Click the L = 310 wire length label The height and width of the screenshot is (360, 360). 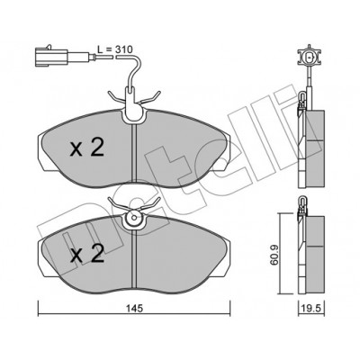pos(115,49)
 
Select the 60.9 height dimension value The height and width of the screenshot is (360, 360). pos(274,255)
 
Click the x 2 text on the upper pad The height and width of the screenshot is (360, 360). pos(87,148)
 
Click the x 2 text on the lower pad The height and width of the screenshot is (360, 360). pos(87,255)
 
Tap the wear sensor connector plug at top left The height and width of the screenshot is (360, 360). pos(51,56)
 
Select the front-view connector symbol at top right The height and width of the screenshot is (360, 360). pos(310,57)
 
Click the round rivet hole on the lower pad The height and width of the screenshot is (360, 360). pos(134,218)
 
